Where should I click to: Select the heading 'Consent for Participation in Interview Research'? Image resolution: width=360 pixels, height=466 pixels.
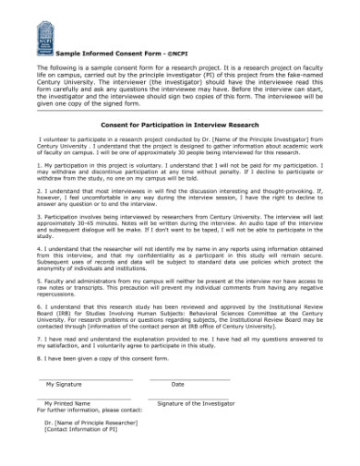point(179,124)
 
